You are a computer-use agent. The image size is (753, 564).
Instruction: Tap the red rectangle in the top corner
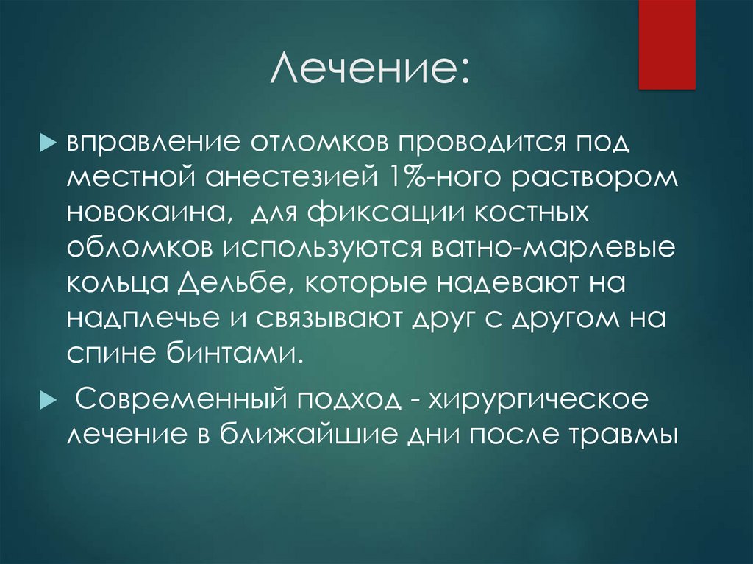tap(666, 44)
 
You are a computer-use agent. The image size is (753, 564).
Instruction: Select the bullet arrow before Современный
tap(53, 401)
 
